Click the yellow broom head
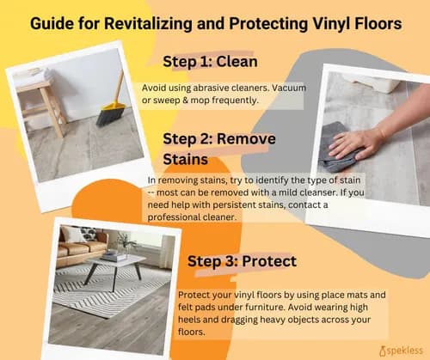tap(112, 111)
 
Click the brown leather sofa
tap(86, 249)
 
